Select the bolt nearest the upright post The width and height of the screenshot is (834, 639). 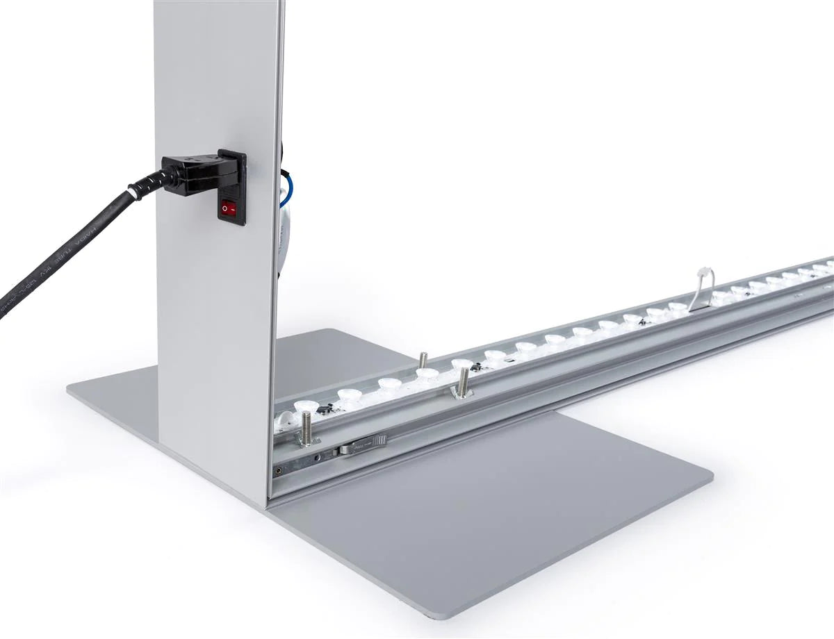[x=306, y=428]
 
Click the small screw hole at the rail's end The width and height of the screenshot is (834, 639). [x=281, y=469]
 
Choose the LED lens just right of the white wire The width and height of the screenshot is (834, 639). [x=723, y=297]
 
